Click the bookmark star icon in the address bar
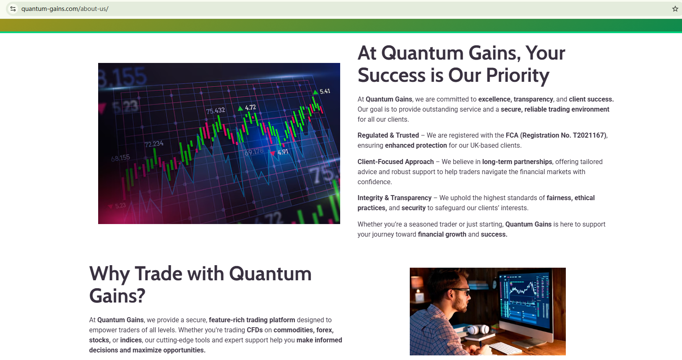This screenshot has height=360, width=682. click(x=675, y=9)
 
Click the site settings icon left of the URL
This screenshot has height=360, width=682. click(x=13, y=9)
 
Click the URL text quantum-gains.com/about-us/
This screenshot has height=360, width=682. click(x=65, y=9)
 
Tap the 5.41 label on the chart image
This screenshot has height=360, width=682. click(x=325, y=91)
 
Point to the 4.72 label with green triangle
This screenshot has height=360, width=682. click(x=247, y=107)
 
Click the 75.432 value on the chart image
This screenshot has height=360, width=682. click(x=216, y=110)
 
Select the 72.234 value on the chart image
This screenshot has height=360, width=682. click(x=154, y=144)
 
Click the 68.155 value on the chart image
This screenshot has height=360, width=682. click(x=120, y=158)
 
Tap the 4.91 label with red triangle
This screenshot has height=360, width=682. click(x=279, y=152)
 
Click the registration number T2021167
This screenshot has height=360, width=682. click(x=588, y=135)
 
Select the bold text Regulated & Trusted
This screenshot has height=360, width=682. click(x=388, y=135)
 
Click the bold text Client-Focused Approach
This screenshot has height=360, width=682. click(x=396, y=162)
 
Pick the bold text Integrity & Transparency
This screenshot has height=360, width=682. click(x=394, y=198)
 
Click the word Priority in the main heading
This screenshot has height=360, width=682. click(x=518, y=75)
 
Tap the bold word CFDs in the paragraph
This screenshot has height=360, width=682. click(x=255, y=330)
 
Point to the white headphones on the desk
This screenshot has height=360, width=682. click(x=478, y=329)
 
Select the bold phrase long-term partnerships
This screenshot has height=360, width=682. click(x=517, y=162)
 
